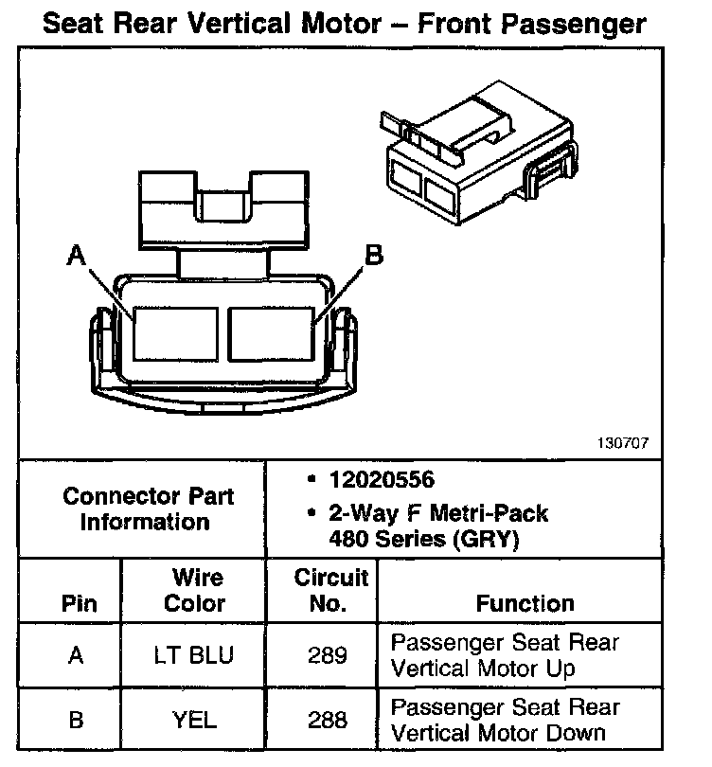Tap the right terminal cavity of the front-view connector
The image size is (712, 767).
click(x=271, y=332)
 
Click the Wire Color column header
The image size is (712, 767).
click(x=195, y=590)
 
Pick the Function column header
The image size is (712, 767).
click(x=525, y=603)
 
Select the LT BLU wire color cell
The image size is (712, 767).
click(x=195, y=655)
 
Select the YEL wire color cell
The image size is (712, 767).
click(x=195, y=720)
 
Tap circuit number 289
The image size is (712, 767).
click(x=328, y=655)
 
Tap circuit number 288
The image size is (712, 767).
click(x=328, y=720)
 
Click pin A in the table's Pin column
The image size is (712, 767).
click(x=76, y=655)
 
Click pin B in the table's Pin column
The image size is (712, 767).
click(x=76, y=720)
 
